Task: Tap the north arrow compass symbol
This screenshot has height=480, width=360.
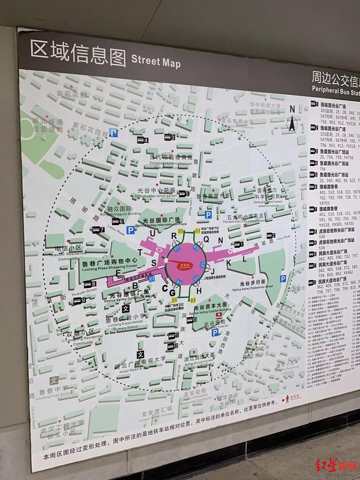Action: point(292,120)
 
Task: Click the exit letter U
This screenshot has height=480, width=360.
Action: point(152,234)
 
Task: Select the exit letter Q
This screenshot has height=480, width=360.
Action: point(206,238)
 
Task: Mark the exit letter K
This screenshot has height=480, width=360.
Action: point(229,263)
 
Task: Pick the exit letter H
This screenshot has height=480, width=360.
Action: point(199,291)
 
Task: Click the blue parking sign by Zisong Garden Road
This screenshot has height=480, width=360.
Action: point(114,133)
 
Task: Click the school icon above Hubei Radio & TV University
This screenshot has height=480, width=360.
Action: point(140,354)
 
